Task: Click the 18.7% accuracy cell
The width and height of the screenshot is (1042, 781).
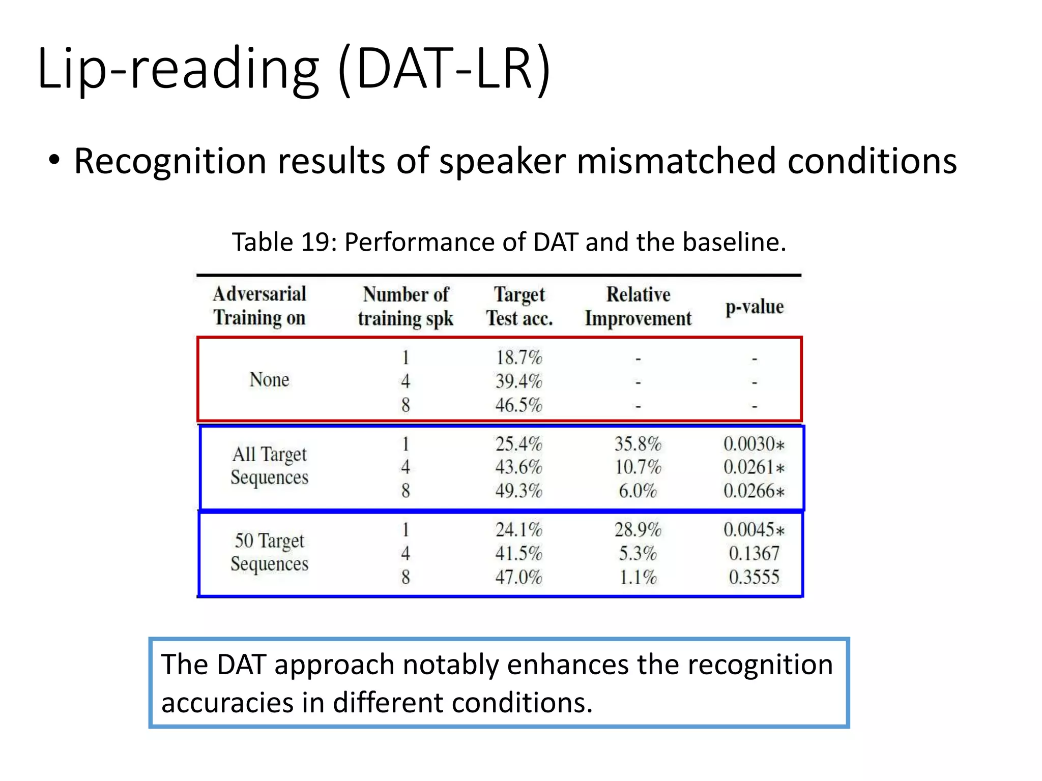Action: (x=519, y=357)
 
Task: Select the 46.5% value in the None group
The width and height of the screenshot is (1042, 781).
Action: (x=519, y=405)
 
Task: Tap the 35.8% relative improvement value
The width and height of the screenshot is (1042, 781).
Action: (x=638, y=444)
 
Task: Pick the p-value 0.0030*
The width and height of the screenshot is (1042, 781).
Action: (x=754, y=444)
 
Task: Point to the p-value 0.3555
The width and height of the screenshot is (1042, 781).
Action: (x=754, y=577)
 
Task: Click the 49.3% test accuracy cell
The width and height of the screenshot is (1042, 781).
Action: (x=519, y=491)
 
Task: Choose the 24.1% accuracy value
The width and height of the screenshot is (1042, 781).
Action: (x=519, y=530)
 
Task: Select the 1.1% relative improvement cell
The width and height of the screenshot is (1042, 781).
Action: (x=638, y=577)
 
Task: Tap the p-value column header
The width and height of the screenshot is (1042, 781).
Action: (x=754, y=307)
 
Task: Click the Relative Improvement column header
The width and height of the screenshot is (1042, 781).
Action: (x=638, y=306)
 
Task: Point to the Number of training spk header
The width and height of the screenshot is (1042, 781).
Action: (x=406, y=306)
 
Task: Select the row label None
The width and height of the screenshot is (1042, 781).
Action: (x=269, y=380)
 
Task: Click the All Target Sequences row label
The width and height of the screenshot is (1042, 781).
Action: (x=269, y=465)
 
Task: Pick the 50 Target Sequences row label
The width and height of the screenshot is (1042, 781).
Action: (x=269, y=552)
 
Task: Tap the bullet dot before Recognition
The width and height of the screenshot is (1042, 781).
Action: (x=54, y=161)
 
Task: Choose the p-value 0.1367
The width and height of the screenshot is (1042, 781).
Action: (x=754, y=553)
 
